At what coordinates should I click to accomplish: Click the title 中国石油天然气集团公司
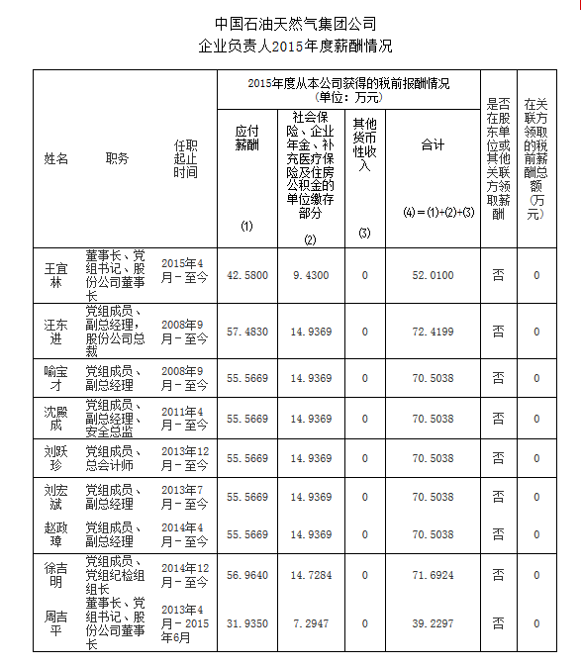coord(296,23)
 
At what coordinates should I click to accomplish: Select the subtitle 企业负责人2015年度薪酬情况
coord(296,46)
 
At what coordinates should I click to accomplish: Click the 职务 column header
coord(118,158)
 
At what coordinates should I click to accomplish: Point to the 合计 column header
coord(433,144)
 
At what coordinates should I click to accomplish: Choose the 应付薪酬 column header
coord(246,138)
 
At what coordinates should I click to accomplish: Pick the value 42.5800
coord(247,275)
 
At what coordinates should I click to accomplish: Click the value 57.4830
coord(247,331)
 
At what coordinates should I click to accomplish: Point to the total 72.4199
coord(433,331)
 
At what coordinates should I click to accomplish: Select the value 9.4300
coord(311,275)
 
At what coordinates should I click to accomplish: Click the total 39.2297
coord(433,623)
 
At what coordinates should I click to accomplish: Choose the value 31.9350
coord(247,623)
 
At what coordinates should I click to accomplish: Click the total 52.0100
coord(433,275)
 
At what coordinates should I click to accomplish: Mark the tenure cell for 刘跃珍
coord(184,458)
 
